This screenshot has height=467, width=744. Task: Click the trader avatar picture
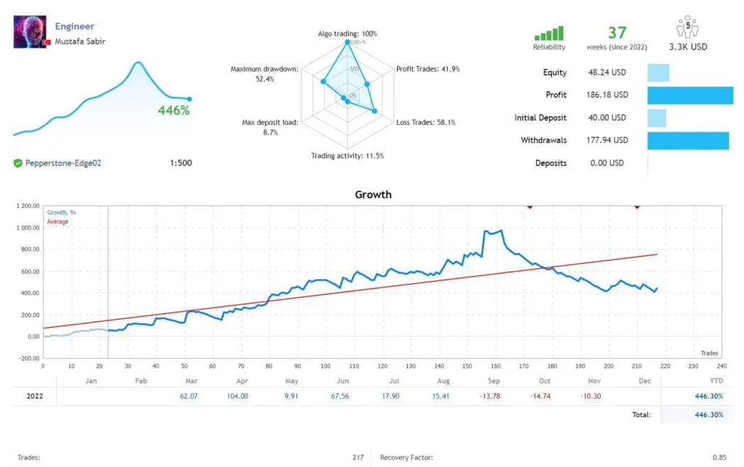point(30,32)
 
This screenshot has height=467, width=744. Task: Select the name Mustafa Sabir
point(80,41)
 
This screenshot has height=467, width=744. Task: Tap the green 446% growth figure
point(174,111)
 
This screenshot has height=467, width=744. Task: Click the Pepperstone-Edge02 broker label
point(63,163)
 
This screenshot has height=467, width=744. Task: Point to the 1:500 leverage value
point(181,163)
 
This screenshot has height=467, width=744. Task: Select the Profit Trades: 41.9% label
point(428,69)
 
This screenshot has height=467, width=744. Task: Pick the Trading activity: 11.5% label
point(348,156)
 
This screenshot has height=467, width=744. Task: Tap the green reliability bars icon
point(549,33)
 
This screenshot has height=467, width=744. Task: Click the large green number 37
point(617,33)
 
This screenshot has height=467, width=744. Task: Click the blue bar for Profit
point(689,95)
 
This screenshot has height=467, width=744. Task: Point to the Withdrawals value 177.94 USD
point(608,141)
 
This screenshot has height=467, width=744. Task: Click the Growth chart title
point(373,194)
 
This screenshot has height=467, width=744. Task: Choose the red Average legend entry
point(57,222)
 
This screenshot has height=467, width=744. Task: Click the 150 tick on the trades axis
point(466,366)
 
